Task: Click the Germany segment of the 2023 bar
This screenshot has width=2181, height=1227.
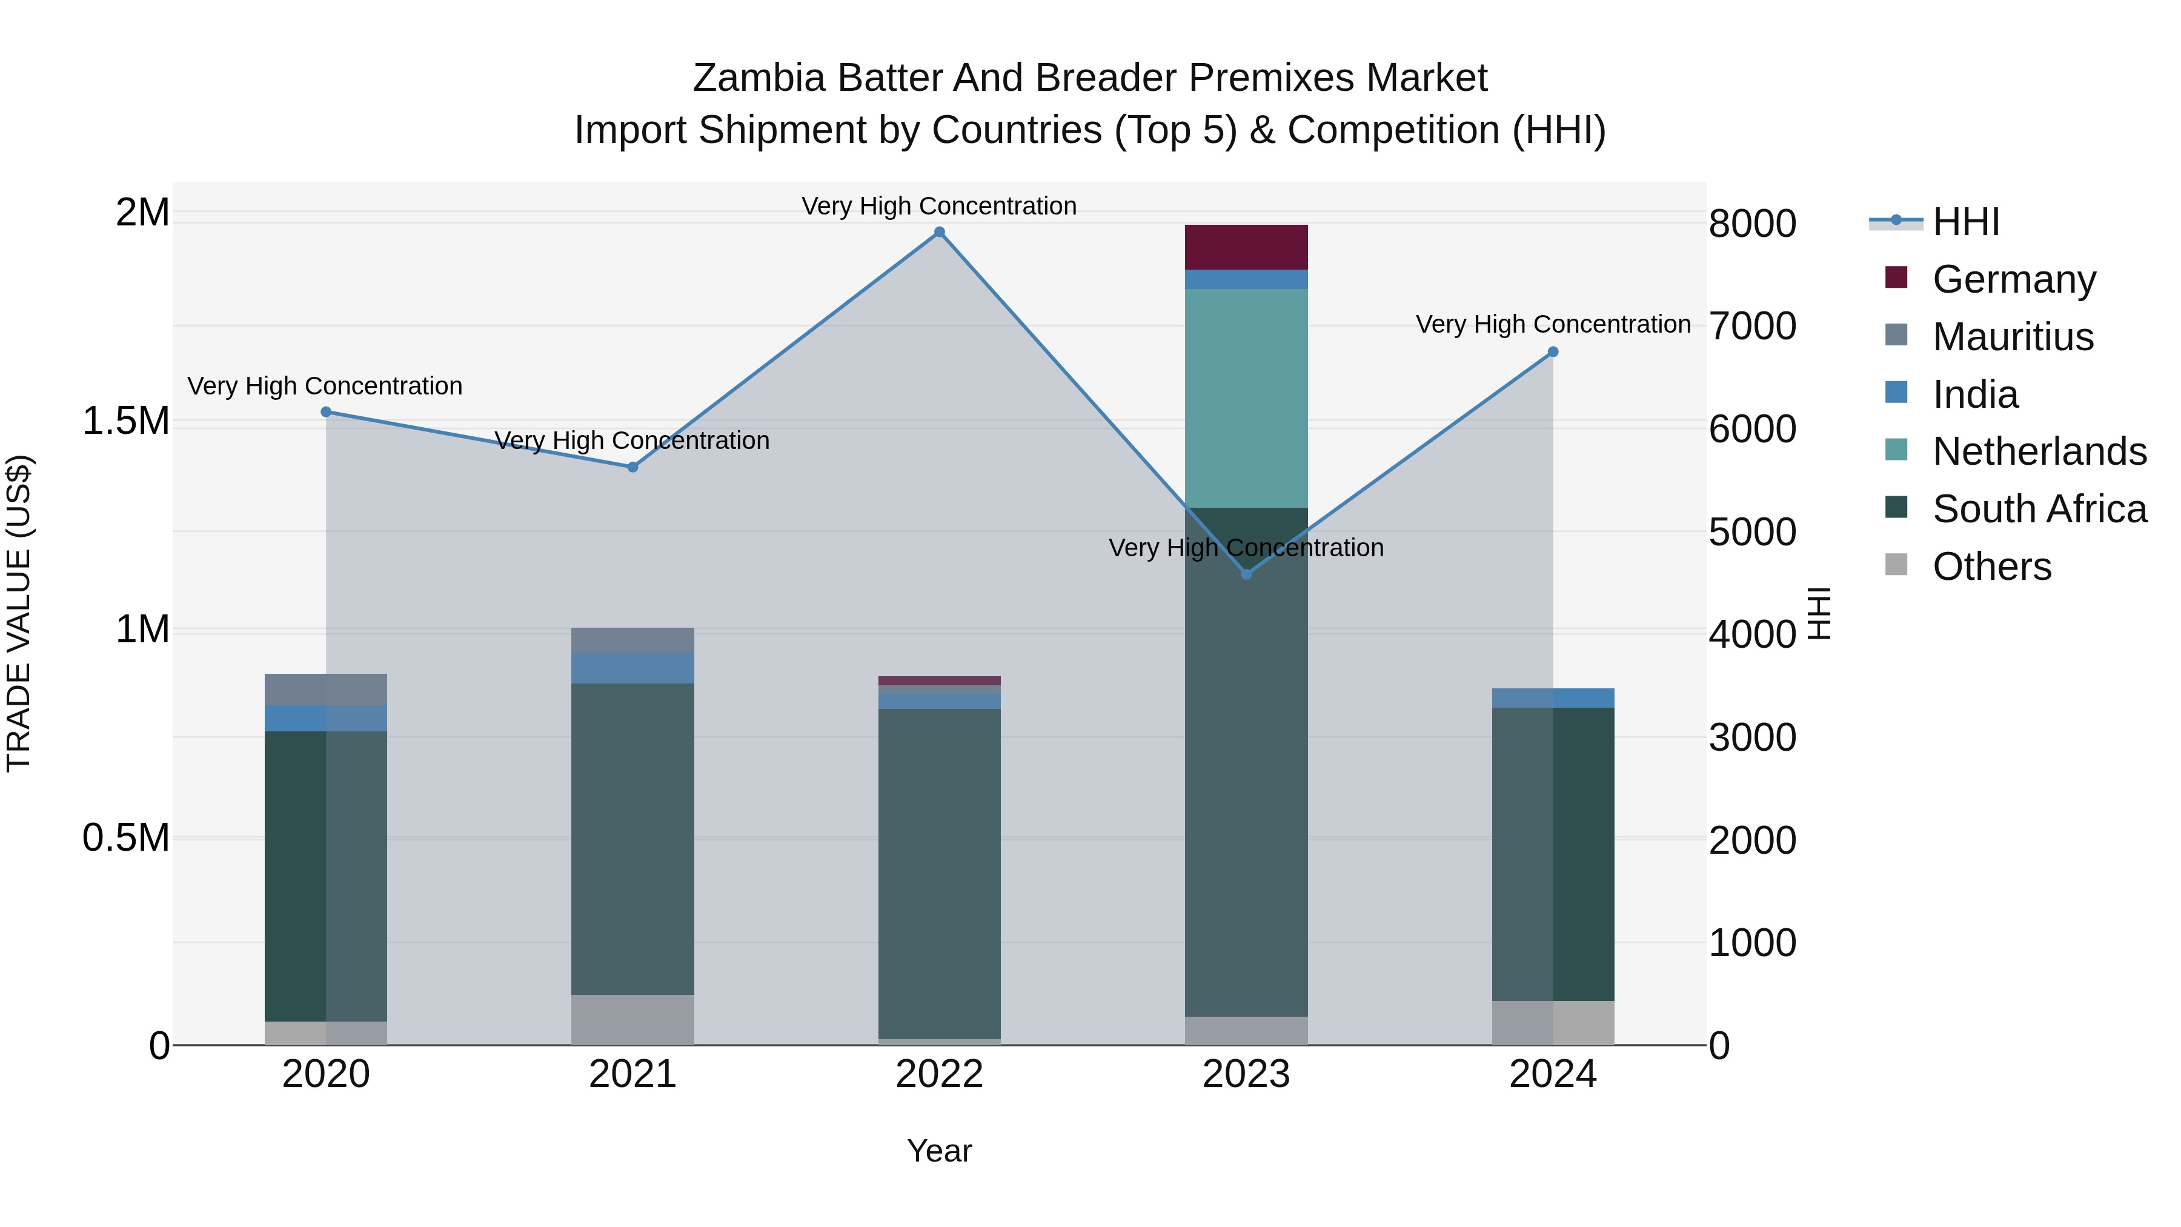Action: click(1246, 247)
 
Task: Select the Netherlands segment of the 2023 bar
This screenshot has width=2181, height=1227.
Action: click(1246, 398)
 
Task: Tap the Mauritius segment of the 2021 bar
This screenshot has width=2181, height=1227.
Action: click(632, 640)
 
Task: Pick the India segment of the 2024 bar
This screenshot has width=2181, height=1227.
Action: click(1552, 698)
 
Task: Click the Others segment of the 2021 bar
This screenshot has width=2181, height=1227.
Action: click(632, 1020)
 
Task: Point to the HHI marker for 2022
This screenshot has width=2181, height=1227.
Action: click(939, 232)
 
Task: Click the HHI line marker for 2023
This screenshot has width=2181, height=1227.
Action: click(1246, 574)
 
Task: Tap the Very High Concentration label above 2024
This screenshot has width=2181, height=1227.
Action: click(1553, 324)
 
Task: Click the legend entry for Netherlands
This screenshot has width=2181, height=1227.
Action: click(2039, 451)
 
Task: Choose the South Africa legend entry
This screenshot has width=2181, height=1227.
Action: click(2039, 509)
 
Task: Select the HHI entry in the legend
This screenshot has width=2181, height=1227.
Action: click(1966, 222)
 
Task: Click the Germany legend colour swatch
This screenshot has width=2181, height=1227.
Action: click(1896, 278)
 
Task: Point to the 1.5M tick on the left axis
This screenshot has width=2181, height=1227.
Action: click(126, 421)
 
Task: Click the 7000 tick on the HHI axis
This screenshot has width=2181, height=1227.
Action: click(1751, 326)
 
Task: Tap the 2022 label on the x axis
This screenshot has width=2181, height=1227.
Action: click(939, 1074)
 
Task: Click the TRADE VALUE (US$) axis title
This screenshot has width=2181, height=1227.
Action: click(19, 613)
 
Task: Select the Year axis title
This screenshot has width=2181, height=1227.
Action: click(939, 1151)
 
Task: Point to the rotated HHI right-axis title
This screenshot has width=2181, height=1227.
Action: click(1817, 613)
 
